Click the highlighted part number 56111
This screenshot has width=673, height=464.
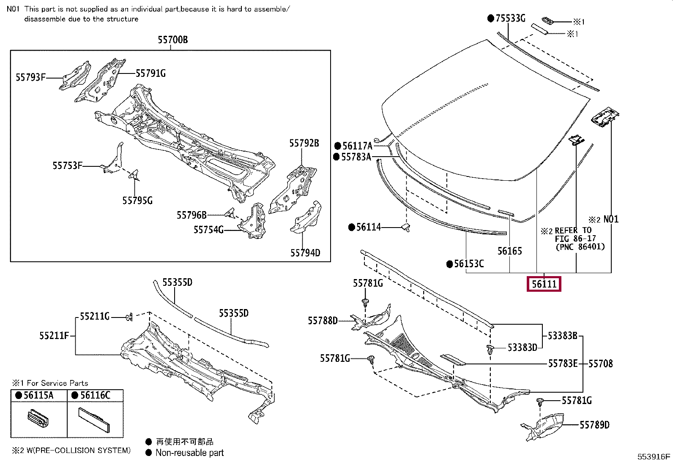pyautogui.click(x=544, y=284)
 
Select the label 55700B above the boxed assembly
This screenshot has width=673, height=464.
pyautogui.click(x=172, y=40)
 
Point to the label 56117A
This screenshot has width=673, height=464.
pyautogui.click(x=357, y=146)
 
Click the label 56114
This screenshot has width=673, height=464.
pyautogui.click(x=368, y=227)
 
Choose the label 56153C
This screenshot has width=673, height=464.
pyautogui.click(x=469, y=264)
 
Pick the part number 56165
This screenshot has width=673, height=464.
pyautogui.click(x=509, y=251)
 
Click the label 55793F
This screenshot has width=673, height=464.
pyautogui.click(x=30, y=77)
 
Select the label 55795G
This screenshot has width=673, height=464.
pyautogui.click(x=137, y=200)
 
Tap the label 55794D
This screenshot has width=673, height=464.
pyautogui.click(x=305, y=253)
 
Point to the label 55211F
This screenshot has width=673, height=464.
pyautogui.click(x=54, y=336)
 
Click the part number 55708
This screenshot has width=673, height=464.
pyautogui.click(x=600, y=364)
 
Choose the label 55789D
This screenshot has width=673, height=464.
pyautogui.click(x=594, y=425)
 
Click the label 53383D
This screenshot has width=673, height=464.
pyautogui.click(x=522, y=347)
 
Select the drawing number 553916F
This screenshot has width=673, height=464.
pyautogui.click(x=654, y=456)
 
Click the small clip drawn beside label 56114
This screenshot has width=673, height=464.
pyautogui.click(x=406, y=228)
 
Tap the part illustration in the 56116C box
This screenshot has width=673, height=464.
pyautogui.click(x=95, y=420)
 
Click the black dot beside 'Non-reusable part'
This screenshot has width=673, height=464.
pyautogui.click(x=148, y=453)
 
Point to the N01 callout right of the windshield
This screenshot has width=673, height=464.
pyautogui.click(x=610, y=219)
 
